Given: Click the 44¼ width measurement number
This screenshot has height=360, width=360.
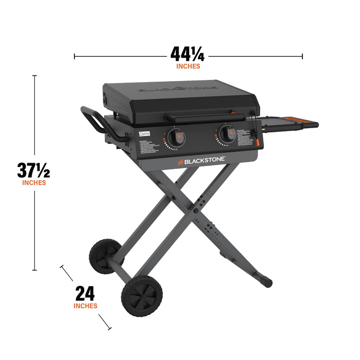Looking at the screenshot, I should [x=188, y=54].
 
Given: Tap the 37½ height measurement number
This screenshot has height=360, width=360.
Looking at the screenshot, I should [x=34, y=170].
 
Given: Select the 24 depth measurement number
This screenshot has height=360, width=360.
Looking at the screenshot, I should [x=85, y=293].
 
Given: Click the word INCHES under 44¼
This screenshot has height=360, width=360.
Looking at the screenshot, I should [x=188, y=66].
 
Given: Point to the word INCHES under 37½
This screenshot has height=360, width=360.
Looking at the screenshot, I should [x=34, y=182].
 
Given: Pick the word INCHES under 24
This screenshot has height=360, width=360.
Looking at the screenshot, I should [x=85, y=306].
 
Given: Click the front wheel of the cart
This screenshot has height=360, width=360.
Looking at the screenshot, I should [x=142, y=298].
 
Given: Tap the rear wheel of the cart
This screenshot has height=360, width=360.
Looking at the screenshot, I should [x=104, y=254].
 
